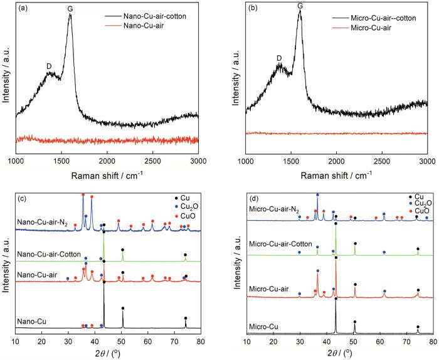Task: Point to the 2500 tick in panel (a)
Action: click(x=152, y=161)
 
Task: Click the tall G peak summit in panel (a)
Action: click(x=70, y=15)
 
